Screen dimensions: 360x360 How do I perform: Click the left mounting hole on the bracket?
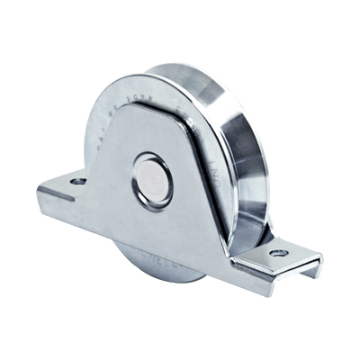point(76,180)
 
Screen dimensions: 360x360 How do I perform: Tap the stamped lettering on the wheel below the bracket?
point(148,243)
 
